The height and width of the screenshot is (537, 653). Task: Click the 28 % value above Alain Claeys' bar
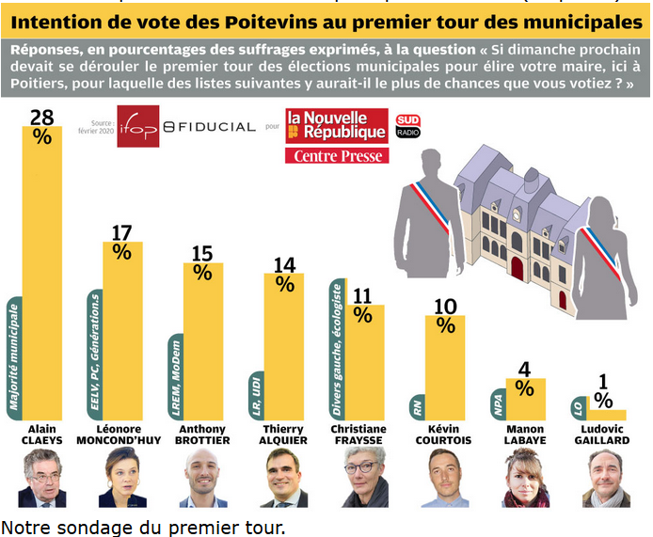pyautogui.click(x=41, y=125)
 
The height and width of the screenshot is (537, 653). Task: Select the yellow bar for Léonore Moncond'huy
pyautogui.click(x=122, y=329)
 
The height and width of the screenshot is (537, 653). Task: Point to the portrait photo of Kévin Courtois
pyautogui.click(x=442, y=478)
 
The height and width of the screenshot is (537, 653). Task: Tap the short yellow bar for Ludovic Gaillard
pyautogui.click(x=607, y=414)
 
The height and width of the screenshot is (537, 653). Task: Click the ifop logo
pyautogui.click(x=138, y=125)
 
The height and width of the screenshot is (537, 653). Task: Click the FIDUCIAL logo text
pyautogui.click(x=209, y=126)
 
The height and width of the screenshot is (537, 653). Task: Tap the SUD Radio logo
pyautogui.click(x=408, y=126)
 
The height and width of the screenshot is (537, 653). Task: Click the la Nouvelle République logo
pyautogui.click(x=337, y=125)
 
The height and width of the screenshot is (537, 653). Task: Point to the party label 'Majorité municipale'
pyautogui.click(x=13, y=356)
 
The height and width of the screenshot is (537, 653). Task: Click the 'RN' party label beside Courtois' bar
pyautogui.click(x=418, y=407)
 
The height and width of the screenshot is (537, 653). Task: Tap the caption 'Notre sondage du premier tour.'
pyautogui.click(x=142, y=527)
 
